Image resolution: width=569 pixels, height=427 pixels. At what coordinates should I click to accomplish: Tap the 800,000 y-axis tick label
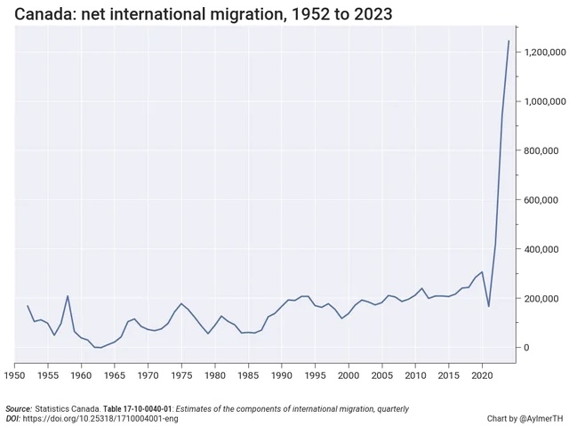[x=543, y=151]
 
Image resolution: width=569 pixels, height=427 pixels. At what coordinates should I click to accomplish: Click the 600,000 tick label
[x=543, y=200]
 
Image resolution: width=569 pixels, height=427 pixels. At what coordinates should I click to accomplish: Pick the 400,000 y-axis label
[x=543, y=249]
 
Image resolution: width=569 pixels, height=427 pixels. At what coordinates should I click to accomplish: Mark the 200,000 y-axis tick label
[x=543, y=298]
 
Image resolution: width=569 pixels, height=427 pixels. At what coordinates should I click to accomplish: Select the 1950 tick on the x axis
[x=15, y=376]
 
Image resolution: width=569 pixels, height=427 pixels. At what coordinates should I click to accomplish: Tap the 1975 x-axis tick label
[x=181, y=376]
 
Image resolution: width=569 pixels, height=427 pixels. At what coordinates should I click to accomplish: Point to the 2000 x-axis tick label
[x=349, y=376]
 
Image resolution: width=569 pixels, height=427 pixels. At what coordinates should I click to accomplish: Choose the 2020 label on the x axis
[x=482, y=376]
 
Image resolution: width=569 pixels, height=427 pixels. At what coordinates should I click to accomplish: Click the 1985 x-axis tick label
[x=248, y=376]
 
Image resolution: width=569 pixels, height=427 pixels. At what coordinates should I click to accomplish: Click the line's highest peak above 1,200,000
[x=509, y=41]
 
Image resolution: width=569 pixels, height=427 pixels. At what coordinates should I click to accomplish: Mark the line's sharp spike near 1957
[x=68, y=296]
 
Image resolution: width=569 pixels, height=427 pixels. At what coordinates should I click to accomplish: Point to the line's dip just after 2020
[x=489, y=306]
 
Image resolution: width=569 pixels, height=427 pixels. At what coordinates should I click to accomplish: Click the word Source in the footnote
[x=19, y=408]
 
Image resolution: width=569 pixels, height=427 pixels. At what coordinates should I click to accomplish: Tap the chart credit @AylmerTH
[x=539, y=418]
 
